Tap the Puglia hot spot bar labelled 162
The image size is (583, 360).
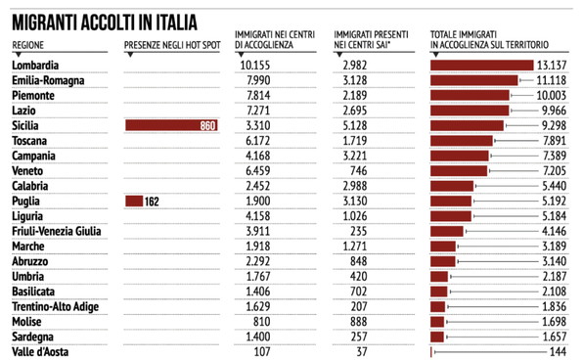click(x=134, y=201)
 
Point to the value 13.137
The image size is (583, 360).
click(x=553, y=66)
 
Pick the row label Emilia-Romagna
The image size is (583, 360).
click(x=47, y=80)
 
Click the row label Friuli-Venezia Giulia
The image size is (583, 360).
click(x=58, y=230)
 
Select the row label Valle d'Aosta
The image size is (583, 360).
click(x=42, y=350)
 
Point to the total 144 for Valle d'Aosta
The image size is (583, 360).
click(x=559, y=350)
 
